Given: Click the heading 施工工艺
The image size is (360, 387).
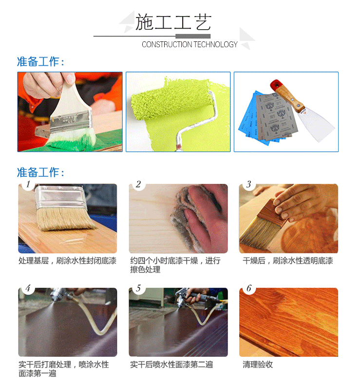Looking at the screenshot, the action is (x=173, y=22).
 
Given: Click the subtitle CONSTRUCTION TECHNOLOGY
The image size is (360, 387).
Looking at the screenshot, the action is (x=189, y=44).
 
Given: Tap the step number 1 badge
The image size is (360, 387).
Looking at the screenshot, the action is (x=28, y=184).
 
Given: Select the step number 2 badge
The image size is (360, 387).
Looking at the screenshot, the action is (x=138, y=184).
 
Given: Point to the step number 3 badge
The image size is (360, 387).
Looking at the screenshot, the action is (x=248, y=184).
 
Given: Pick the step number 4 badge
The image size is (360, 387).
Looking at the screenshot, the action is (x=28, y=288).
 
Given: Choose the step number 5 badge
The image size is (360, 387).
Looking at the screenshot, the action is (x=138, y=288).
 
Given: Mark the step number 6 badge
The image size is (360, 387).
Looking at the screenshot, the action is (x=248, y=288).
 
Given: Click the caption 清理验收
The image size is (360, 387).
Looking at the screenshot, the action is (x=258, y=365).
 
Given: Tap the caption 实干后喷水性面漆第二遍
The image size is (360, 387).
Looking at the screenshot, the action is (x=171, y=365).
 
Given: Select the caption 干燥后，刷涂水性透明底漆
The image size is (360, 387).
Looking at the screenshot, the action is (x=287, y=260).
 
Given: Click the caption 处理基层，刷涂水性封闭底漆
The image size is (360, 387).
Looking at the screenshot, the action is (x=67, y=260).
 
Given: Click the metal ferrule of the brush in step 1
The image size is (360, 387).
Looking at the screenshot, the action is (x=60, y=197).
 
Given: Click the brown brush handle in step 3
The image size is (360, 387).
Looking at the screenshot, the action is (x=272, y=212).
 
